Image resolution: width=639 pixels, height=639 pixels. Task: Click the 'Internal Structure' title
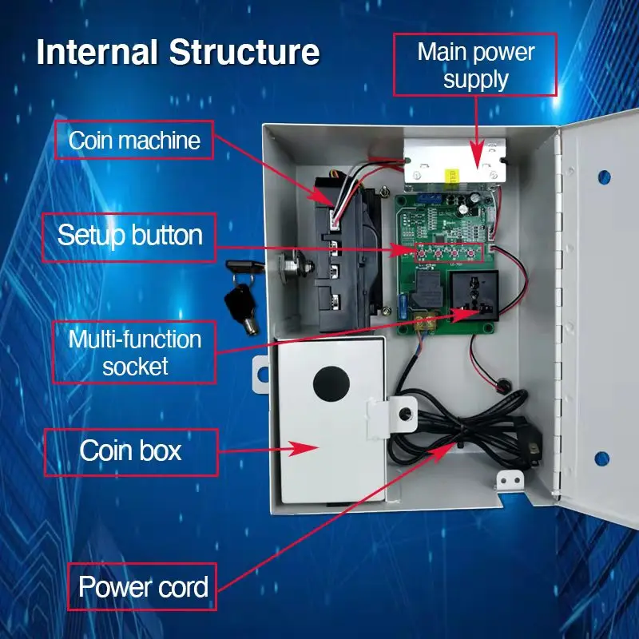[177, 52]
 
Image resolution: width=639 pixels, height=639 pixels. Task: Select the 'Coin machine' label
[134, 141]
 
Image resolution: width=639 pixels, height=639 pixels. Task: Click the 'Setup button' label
[129, 236]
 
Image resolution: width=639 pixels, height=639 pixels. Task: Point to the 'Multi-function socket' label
[134, 352]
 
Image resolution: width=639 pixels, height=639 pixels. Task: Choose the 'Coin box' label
[130, 451]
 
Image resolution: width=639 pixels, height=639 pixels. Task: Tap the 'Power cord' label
[143, 588]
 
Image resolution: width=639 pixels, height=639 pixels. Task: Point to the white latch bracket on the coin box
[390, 415]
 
